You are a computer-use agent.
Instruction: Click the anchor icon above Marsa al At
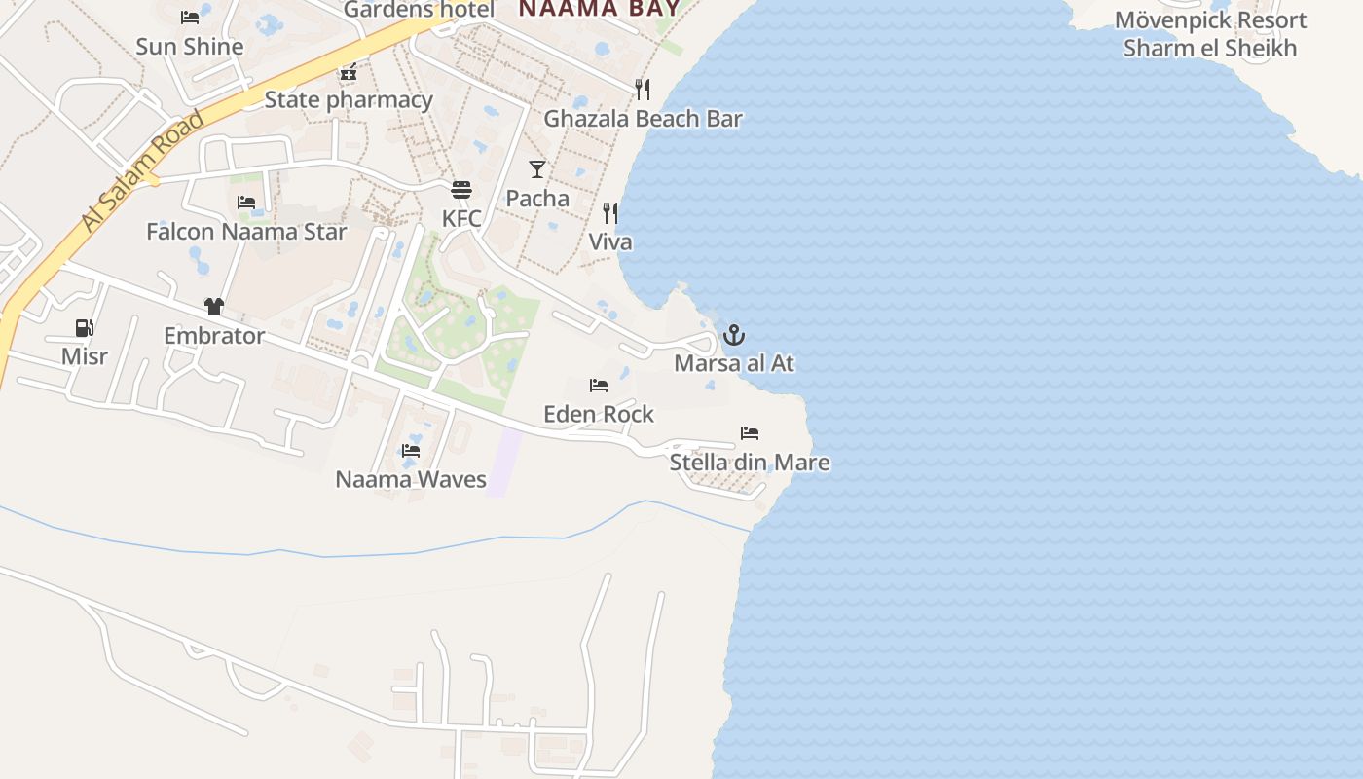(734, 336)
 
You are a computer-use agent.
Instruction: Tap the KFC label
(461, 219)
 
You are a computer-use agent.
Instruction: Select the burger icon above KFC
(461, 189)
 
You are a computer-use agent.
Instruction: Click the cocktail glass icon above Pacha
(537, 169)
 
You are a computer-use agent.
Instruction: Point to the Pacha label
(537, 199)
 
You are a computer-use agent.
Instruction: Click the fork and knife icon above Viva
(610, 213)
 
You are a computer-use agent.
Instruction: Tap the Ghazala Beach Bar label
(643, 119)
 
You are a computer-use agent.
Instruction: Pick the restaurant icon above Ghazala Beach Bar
(643, 90)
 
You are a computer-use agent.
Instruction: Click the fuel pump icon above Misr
(85, 328)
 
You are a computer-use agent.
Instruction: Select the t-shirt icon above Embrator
(214, 307)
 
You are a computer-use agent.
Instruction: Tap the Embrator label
(214, 336)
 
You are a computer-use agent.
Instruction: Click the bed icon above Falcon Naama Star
(246, 203)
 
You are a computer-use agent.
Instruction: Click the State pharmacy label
(349, 100)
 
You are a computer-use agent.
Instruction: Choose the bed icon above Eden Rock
(599, 386)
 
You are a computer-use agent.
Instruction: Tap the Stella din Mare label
(750, 463)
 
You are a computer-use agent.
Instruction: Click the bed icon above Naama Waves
(411, 451)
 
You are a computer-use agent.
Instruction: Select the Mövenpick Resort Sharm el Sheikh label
(1210, 34)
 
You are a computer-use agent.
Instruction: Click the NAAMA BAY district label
(599, 10)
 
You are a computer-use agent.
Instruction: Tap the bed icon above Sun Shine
(190, 18)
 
